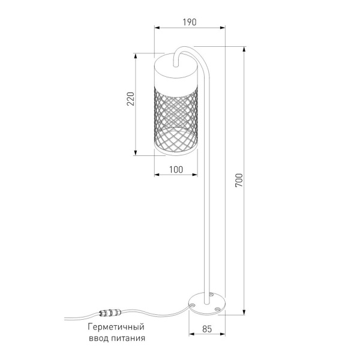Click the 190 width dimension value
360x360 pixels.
tap(190, 22)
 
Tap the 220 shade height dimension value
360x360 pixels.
tap(131, 99)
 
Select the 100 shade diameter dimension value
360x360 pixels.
tap(176, 170)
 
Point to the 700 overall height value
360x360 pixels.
tap(239, 180)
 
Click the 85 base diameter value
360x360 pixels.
tap(207, 329)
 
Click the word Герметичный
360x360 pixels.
tap(116, 327)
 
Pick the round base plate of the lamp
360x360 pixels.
tap(206, 304)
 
